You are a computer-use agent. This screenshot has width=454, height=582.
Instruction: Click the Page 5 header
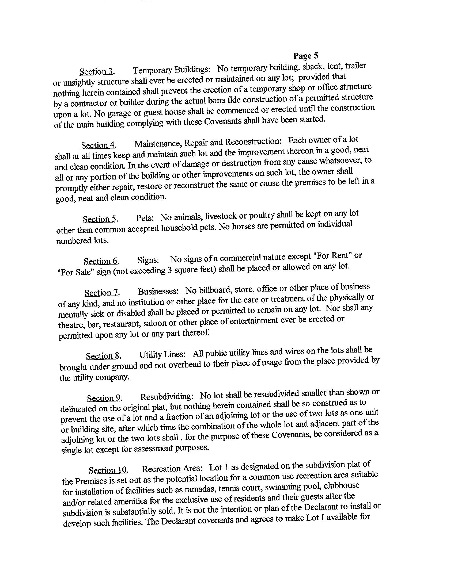(x=306, y=56)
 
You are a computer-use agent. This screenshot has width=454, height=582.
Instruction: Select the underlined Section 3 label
(x=96, y=71)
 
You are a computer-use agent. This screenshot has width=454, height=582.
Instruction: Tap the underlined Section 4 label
(x=98, y=145)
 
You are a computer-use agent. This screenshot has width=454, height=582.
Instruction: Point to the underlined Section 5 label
(x=100, y=219)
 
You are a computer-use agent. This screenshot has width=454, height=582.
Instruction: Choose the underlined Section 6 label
(x=101, y=261)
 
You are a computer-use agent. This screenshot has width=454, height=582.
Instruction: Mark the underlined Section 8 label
(x=103, y=356)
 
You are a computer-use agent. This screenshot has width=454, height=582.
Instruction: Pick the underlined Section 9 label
(x=104, y=398)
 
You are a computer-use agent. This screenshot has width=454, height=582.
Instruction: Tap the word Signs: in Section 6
(x=148, y=260)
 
